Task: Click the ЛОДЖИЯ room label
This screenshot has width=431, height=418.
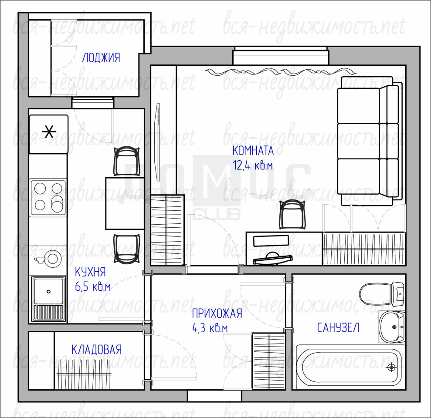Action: coord(101,57)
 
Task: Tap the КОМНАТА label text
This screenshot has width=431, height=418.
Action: coord(253,151)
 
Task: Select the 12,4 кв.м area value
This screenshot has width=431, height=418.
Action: coord(253,165)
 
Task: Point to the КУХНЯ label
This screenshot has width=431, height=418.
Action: coord(91,272)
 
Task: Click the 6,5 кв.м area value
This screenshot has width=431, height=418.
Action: coord(93,287)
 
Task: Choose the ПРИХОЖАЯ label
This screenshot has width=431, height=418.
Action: coord(217,313)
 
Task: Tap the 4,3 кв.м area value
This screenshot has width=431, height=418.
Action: coord(210,328)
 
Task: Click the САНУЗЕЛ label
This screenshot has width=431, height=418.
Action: coord(338,327)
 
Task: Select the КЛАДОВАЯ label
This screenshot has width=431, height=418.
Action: coord(96,350)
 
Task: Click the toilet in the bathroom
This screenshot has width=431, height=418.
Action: coord(382,294)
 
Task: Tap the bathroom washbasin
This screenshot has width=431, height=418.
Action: coord(392,327)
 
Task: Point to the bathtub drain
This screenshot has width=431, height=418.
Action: coord(391,367)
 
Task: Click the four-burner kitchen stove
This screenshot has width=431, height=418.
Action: coord(48,197)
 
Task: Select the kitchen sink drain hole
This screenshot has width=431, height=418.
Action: coord(49,291)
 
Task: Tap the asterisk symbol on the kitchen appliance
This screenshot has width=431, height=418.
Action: coord(49,131)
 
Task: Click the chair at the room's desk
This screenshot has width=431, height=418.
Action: coord(292,214)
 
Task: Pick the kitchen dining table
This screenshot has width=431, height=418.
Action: coord(125,203)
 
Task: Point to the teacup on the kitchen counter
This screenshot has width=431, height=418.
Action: coord(39,260)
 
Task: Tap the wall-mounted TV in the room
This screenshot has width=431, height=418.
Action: coord(158,142)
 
